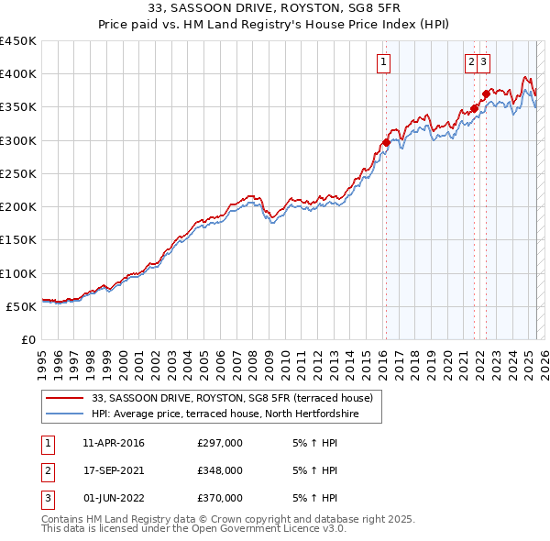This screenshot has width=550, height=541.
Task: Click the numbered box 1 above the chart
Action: pos(382,62)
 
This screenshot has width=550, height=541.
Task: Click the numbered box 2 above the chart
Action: pos(471,62)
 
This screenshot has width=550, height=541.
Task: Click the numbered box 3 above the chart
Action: pos(483,62)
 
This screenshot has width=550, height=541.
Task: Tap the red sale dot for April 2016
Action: pos(386,142)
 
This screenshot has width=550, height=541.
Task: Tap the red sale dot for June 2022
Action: pos(486,94)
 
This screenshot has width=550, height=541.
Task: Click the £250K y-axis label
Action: pos(18,173)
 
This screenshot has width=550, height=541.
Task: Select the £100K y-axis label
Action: pos(18,273)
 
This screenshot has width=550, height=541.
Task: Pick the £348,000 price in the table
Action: pos(219,470)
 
